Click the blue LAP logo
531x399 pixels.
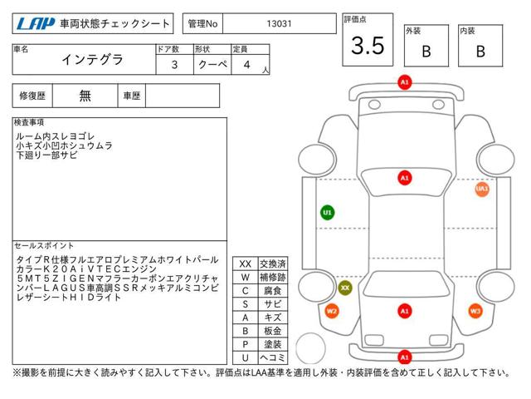tap(36, 24)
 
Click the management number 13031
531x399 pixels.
tap(279, 24)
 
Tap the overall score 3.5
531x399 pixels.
tap(368, 46)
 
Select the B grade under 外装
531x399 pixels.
tap(426, 52)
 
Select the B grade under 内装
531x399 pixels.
tap(480, 52)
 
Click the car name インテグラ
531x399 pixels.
tap(92, 60)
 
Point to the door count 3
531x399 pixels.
tap(174, 65)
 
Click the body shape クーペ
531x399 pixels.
tap(212, 64)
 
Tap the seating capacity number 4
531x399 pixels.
tap(247, 65)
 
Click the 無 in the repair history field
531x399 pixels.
tap(85, 96)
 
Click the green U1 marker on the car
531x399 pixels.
tap(328, 213)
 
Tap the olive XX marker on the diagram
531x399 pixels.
tap(345, 288)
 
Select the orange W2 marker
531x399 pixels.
tap(332, 311)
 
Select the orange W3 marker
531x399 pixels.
tap(475, 311)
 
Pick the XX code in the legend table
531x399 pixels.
tap(246, 264)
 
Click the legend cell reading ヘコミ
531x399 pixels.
tap(273, 357)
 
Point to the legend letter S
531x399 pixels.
tap(246, 304)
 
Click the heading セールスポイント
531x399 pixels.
tap(44, 246)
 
